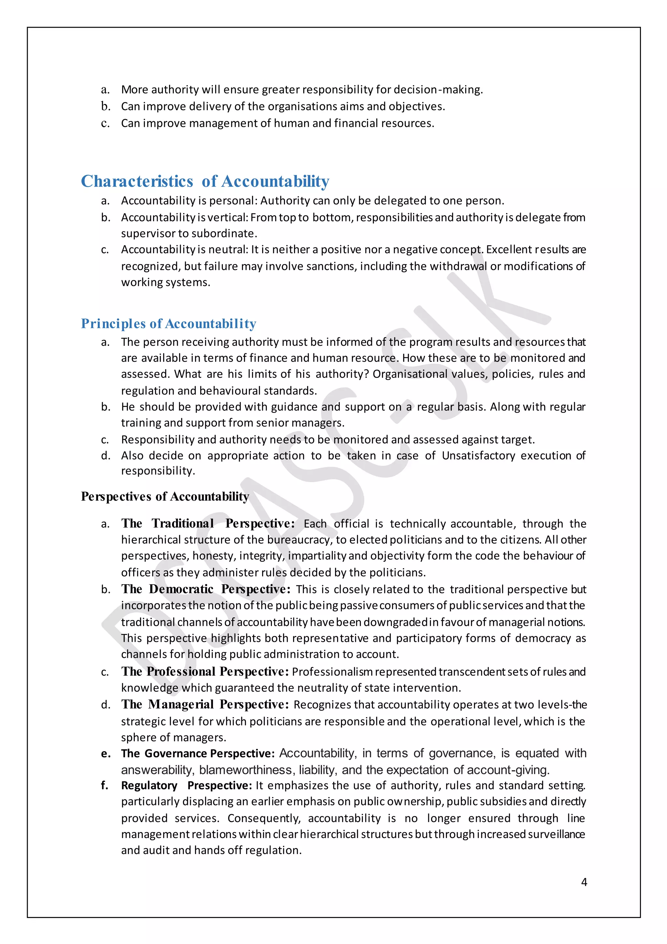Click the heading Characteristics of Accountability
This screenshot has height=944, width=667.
205,181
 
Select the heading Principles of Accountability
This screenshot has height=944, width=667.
168,324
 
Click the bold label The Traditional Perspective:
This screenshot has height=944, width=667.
208,524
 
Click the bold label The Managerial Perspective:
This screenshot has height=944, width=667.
205,704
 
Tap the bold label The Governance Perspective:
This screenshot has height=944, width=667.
198,753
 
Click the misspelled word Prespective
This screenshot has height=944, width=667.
219,786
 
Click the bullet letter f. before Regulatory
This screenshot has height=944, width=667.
105,786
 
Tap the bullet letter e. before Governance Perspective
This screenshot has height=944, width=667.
106,754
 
